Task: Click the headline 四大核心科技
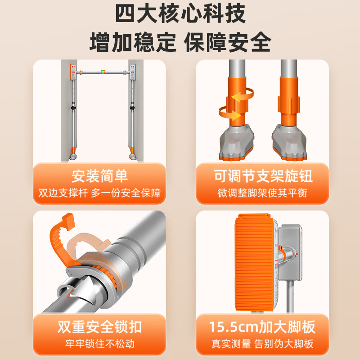pos(180,14)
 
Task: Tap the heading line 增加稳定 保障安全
pos(180,42)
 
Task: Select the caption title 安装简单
pos(99,176)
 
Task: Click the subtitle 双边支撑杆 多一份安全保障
pos(99,193)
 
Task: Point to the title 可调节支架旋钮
pos(263,176)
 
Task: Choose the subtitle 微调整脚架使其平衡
pos(262,193)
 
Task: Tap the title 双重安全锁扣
pos(99,327)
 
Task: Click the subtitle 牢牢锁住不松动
pos(99,344)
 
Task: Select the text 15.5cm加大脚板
pos(262,327)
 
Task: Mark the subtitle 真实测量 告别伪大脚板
pos(262,344)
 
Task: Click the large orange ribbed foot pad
pos(254,262)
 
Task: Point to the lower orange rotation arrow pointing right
pos(229,113)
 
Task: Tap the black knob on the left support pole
pos(73,107)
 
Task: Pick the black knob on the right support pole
pos(132,107)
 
